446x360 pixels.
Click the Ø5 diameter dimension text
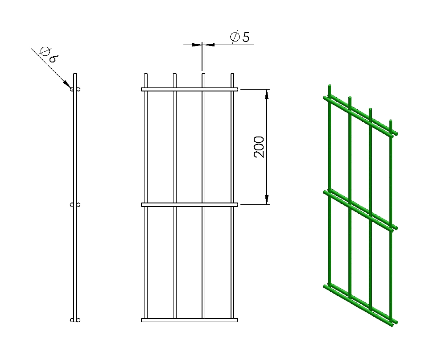[x=240, y=37]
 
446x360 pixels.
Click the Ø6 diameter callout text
[x=50, y=54]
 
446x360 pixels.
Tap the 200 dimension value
[x=259, y=147]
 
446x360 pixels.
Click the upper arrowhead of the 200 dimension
[x=267, y=94]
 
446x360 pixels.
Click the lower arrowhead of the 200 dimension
[x=267, y=200]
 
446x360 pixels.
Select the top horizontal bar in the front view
[x=190, y=89]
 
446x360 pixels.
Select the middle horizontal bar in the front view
[x=190, y=205]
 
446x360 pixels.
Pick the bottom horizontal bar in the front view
[x=190, y=320]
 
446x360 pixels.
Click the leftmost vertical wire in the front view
[x=146, y=196]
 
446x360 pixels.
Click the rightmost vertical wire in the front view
[x=232, y=196]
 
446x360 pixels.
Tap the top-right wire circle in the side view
[x=78, y=89]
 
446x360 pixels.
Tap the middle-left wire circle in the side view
[x=72, y=205]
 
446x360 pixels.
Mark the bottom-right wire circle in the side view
[x=78, y=320]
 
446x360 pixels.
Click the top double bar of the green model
[x=360, y=116]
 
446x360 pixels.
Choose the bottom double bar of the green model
[x=360, y=305]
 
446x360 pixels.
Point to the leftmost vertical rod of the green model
[x=330, y=185]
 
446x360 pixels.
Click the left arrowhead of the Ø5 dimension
[x=197, y=45]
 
